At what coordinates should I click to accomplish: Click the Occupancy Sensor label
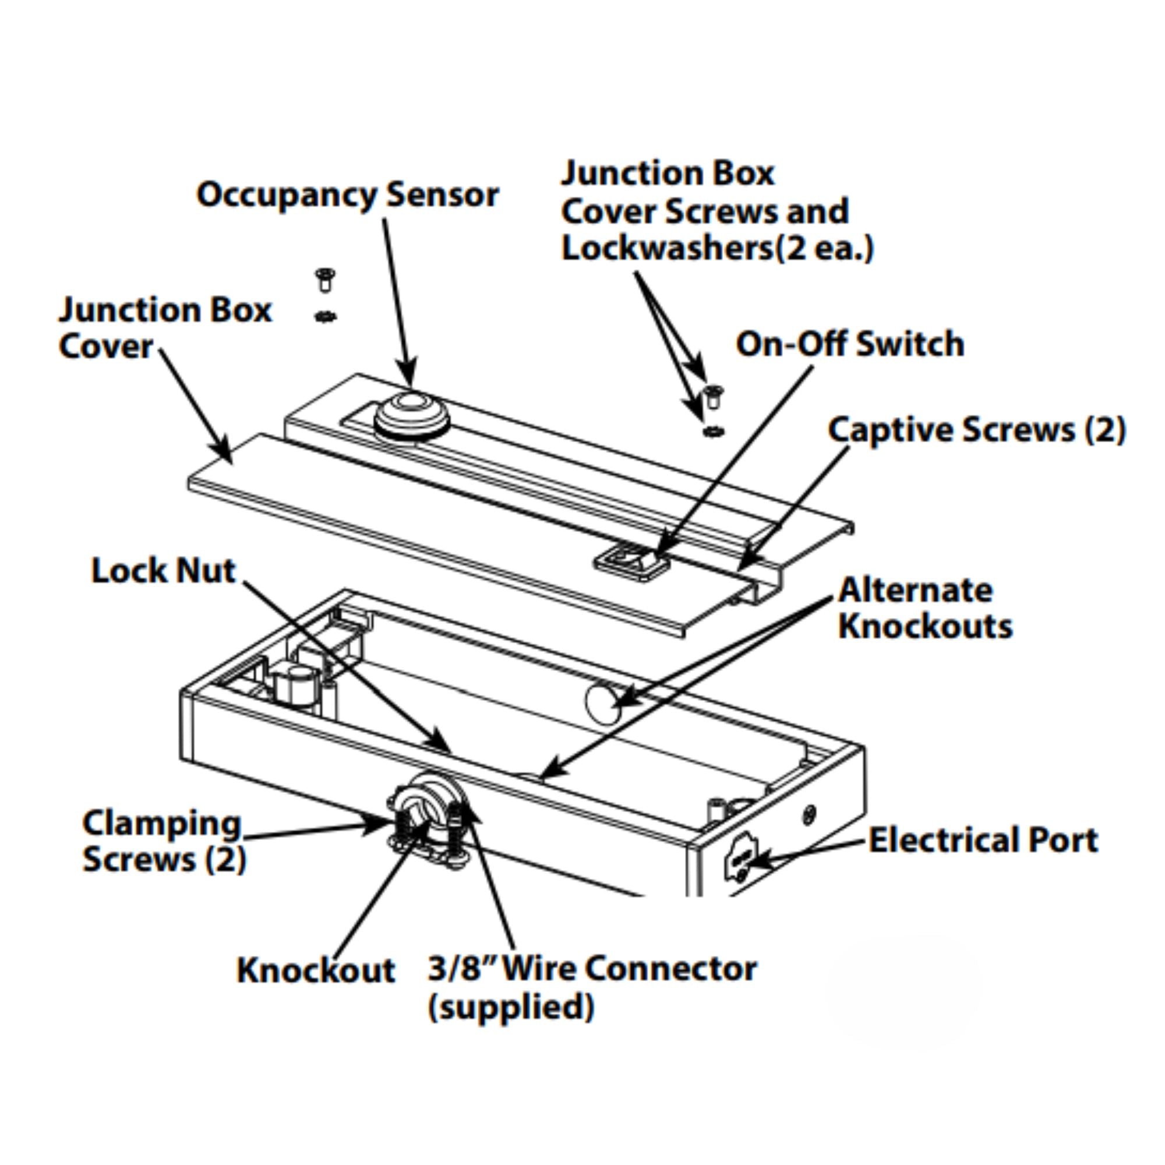(348, 196)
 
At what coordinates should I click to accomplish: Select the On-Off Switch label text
(849, 344)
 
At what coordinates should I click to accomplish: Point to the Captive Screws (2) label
(976, 430)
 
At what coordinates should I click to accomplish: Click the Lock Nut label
(164, 570)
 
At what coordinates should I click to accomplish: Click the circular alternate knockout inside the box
(602, 702)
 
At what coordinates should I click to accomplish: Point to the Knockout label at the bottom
(315, 970)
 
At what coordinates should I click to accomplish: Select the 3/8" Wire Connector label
(592, 969)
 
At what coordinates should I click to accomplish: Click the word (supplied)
(511, 1007)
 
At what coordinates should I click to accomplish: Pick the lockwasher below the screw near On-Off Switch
(714, 431)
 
